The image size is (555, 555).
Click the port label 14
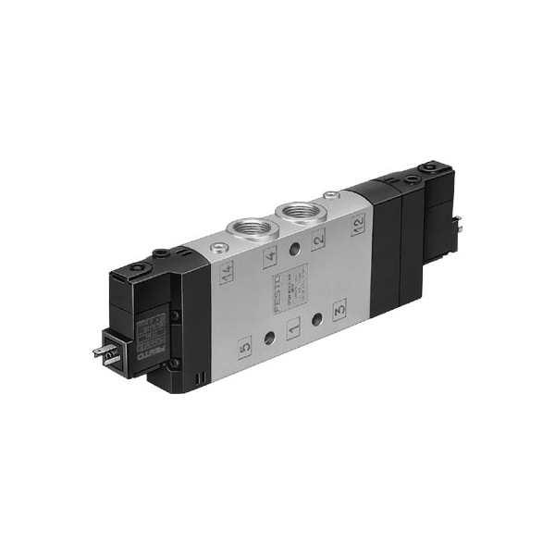227,272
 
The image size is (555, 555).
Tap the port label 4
270,256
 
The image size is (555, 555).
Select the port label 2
318,239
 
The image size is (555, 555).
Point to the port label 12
358,222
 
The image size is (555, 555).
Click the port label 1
293,328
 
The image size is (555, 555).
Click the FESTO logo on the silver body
278,291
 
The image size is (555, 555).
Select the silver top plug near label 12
331,195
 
